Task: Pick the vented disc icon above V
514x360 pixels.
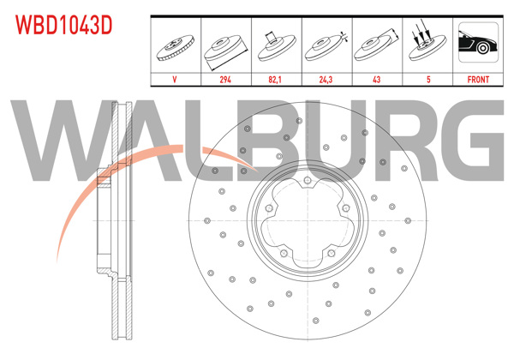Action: tap(176, 47)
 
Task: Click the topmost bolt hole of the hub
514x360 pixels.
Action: tap(307, 180)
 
